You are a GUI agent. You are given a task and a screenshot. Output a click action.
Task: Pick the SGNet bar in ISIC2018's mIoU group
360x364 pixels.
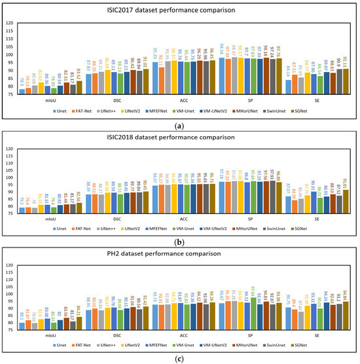click(x=80, y=208)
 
